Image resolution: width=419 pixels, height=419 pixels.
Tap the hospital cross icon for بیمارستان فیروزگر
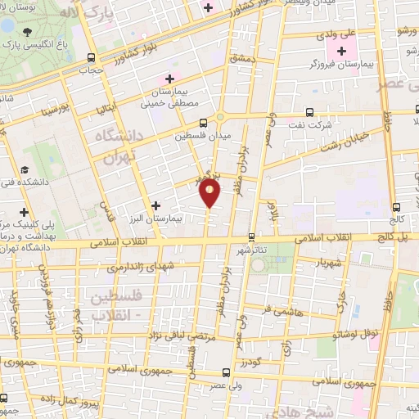tap(342, 52)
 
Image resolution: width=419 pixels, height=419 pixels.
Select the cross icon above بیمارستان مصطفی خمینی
tap(169, 79)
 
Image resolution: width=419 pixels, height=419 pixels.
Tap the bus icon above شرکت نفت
tap(309, 112)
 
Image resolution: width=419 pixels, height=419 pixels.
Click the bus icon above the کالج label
tap(396, 207)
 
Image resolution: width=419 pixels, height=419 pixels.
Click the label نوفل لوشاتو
tap(352, 334)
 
